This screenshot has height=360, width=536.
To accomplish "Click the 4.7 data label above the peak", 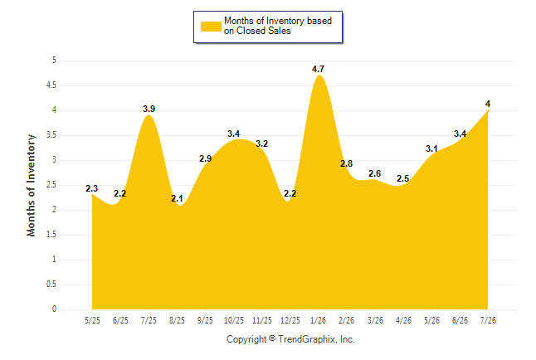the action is click(318, 69).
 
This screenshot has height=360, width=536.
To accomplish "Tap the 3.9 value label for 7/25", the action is click(149, 109).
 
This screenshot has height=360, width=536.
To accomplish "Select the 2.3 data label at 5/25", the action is click(91, 188).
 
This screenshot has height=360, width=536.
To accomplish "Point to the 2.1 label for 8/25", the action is click(177, 198).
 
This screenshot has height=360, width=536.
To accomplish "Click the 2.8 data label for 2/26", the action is click(346, 163).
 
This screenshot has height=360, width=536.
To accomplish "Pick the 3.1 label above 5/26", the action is click(431, 148).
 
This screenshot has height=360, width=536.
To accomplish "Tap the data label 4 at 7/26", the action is click(488, 104).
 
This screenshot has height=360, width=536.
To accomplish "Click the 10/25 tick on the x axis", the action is click(234, 320).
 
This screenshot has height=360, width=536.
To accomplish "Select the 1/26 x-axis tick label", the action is click(318, 320).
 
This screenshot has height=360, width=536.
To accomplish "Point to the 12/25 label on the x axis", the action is click(290, 320).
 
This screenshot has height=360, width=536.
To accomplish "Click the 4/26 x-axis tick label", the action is click(403, 320).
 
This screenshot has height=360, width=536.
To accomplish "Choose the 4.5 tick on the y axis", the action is click(51, 85).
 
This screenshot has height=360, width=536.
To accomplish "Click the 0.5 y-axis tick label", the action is click(51, 285).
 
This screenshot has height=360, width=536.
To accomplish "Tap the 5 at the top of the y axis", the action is click(54, 61).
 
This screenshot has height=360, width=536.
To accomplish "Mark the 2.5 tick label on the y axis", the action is click(51, 185).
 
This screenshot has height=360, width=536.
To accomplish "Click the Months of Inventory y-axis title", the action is click(31, 185).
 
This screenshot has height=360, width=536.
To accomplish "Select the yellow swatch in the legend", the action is click(211, 27).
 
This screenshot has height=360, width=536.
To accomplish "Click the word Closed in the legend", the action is click(251, 31).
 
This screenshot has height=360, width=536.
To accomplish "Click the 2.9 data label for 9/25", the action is click(206, 158).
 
